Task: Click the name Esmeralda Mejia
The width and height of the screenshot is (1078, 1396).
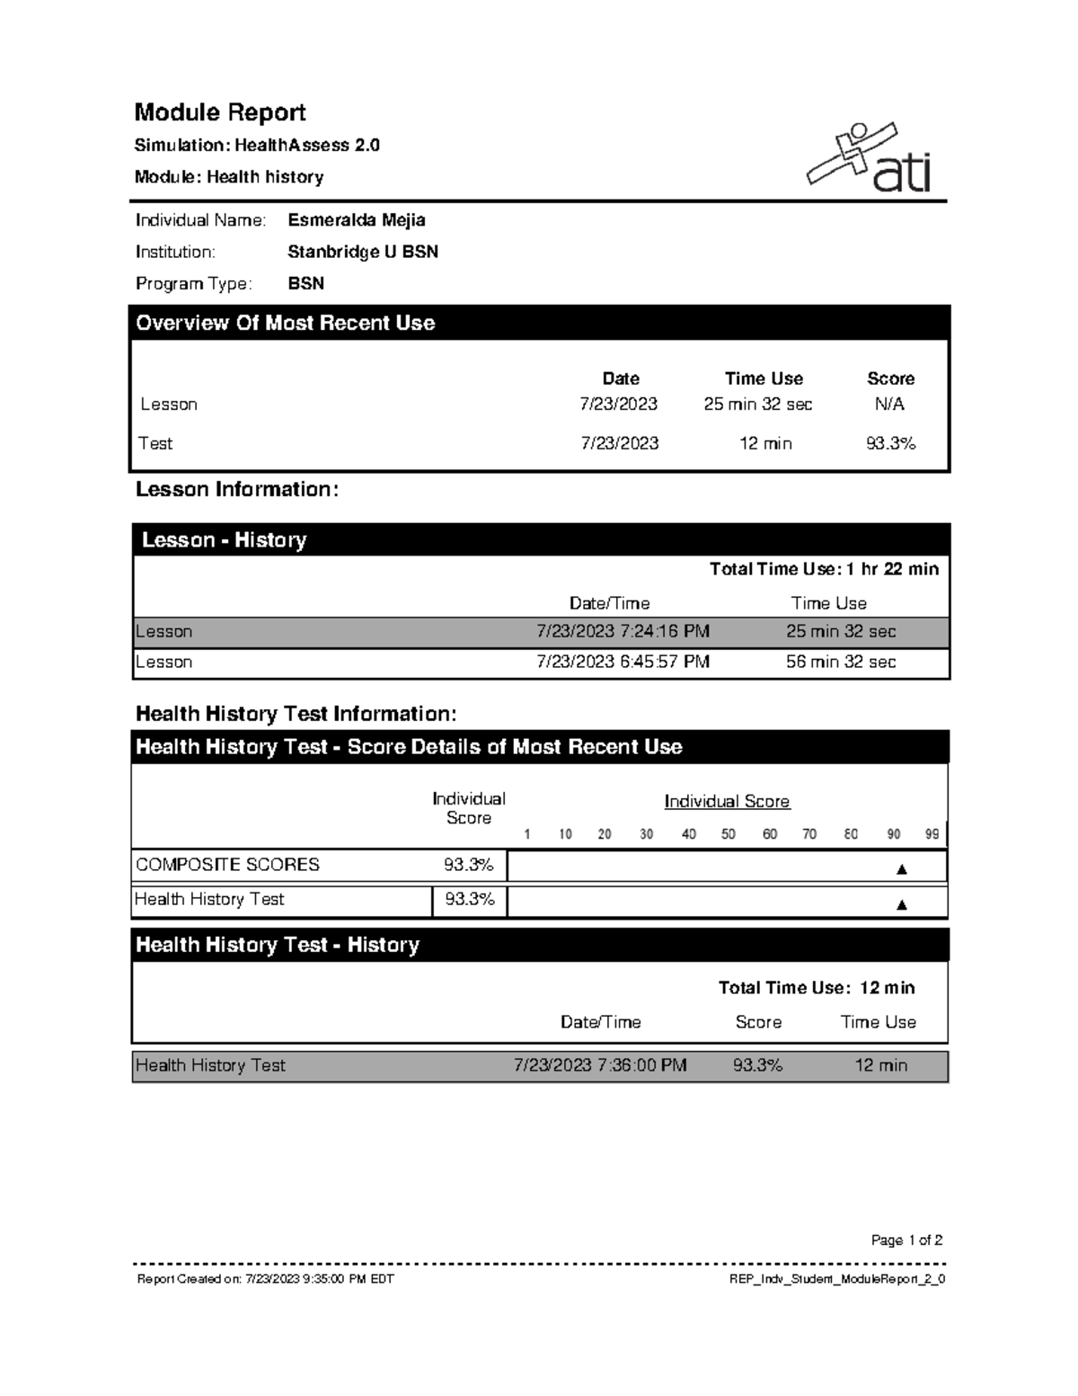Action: (356, 220)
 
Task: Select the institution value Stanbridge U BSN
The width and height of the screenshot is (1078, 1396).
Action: (362, 252)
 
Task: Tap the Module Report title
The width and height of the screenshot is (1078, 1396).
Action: (220, 112)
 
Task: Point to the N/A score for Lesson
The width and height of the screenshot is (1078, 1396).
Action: (889, 405)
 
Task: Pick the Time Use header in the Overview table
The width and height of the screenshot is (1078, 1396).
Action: (764, 378)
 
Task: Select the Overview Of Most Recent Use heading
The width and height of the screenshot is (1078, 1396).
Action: (285, 324)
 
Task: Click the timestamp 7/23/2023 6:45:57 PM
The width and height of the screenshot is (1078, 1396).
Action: (623, 662)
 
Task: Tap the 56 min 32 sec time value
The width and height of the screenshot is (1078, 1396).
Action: (841, 662)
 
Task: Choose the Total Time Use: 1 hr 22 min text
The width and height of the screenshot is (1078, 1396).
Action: (824, 569)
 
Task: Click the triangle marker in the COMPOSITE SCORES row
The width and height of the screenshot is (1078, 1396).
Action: (902, 869)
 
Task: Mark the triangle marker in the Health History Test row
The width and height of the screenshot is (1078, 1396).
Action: (902, 905)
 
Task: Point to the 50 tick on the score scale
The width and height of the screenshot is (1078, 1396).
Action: (728, 834)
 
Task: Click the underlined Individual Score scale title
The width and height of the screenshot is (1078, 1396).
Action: (727, 801)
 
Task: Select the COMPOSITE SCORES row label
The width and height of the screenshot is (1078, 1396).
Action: (227, 865)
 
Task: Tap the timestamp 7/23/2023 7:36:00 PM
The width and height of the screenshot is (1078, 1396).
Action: (600, 1065)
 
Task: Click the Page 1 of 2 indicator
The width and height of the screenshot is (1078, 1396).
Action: (906, 1240)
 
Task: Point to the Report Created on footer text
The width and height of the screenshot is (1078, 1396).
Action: (265, 1279)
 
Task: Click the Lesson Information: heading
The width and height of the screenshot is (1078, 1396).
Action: (237, 490)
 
